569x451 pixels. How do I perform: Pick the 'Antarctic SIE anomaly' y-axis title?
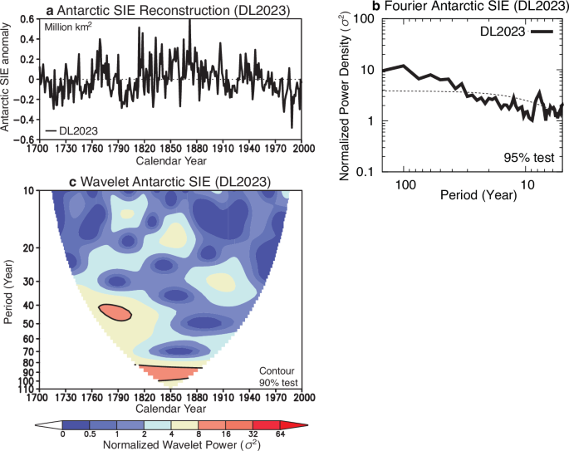[7, 80]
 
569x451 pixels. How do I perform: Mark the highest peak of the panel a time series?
[189, 20]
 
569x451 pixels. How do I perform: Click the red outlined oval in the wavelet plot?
[115, 312]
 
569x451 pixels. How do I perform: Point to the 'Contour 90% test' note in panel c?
[277, 376]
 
